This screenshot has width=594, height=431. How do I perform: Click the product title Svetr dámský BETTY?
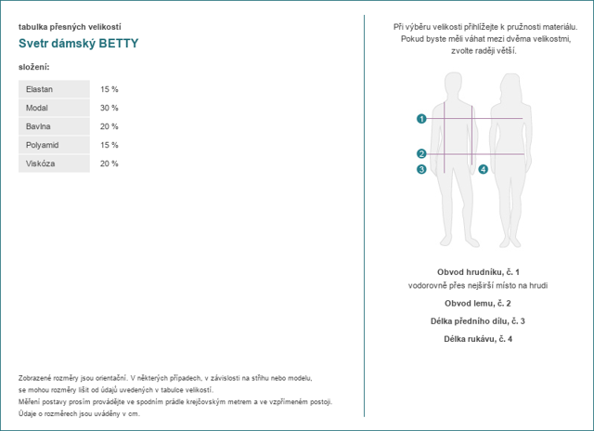click(x=78, y=44)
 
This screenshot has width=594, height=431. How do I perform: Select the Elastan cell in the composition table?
click(x=54, y=89)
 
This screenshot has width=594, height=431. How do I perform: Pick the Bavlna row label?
click(x=54, y=126)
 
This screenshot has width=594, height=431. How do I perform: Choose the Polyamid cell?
click(x=54, y=145)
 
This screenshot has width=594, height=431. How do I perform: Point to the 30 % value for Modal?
click(x=110, y=108)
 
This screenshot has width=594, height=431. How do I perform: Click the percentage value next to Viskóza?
click(x=110, y=163)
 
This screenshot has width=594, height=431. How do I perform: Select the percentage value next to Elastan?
click(x=110, y=89)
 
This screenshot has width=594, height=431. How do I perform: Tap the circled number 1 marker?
click(x=421, y=119)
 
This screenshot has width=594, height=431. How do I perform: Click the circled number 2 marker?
click(x=421, y=153)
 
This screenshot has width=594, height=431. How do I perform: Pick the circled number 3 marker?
click(x=421, y=169)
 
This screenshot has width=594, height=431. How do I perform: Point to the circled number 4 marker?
click(x=483, y=169)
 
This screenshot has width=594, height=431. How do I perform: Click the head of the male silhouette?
click(x=453, y=85)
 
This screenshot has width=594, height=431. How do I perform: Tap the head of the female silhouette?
click(x=510, y=86)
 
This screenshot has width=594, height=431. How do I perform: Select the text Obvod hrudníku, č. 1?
click(x=478, y=272)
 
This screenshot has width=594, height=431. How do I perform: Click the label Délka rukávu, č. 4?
click(x=478, y=339)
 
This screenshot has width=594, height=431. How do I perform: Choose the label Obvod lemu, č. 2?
click(x=478, y=303)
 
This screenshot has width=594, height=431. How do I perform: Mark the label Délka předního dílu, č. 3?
click(x=478, y=321)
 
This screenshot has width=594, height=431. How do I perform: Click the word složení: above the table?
click(x=34, y=67)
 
